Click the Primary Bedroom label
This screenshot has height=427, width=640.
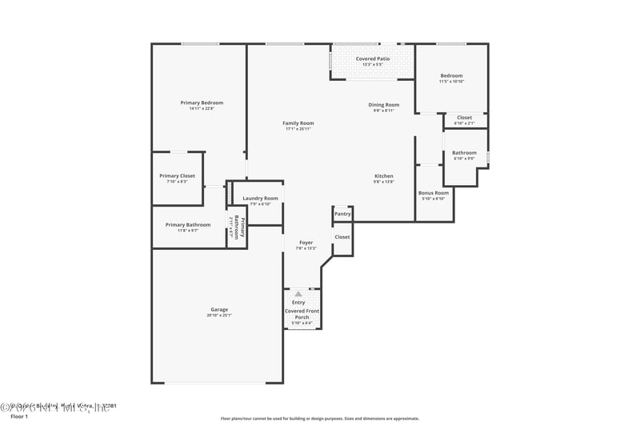click(202, 103)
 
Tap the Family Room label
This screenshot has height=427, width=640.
click(298, 123)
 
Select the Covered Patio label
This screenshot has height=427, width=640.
click(372, 58)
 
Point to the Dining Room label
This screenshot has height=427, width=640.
click(383, 105)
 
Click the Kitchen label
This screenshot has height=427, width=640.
click(384, 176)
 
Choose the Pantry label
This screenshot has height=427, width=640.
click(342, 214)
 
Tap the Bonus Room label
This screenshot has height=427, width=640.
click(434, 192)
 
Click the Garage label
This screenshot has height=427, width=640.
click(219, 309)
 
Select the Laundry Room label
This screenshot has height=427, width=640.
click(261, 198)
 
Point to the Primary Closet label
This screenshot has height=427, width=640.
click(177, 176)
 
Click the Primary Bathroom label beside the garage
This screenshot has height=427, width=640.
click(188, 224)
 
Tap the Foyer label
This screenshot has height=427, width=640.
click(306, 242)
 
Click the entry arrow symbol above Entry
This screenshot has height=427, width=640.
click(298, 294)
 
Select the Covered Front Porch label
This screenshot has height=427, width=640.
click(302, 313)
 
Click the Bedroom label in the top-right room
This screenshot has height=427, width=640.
click(451, 76)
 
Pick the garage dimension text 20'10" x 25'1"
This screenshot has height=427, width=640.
click(219, 316)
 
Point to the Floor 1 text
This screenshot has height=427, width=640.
click(18, 417)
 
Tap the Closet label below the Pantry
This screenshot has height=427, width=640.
click(342, 237)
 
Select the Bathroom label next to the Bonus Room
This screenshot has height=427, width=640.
click(464, 152)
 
